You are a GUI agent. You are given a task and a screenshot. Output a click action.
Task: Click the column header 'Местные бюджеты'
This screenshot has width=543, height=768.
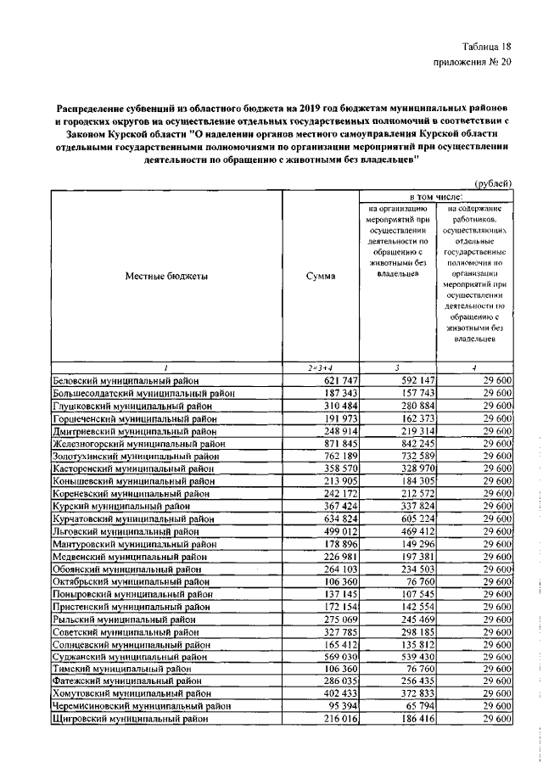[166, 276]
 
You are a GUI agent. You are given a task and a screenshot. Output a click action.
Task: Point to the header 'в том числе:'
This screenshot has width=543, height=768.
[436, 196]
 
